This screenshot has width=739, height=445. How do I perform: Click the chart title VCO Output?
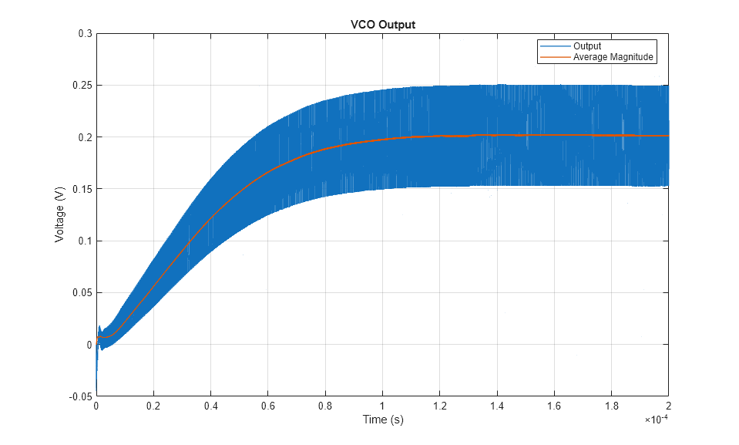coord(383,25)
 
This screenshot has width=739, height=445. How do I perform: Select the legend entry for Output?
coord(587,46)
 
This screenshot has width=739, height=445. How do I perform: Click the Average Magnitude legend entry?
coord(613,56)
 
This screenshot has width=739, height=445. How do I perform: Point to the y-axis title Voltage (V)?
coord(59,215)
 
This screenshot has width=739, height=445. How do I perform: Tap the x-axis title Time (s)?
coord(383,420)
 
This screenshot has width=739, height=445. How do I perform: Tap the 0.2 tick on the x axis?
coord(153,406)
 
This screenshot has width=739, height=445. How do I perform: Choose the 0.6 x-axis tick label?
coord(268,406)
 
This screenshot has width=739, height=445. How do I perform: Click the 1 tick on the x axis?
coord(382,406)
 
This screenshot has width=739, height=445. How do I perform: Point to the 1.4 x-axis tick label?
coord(497,406)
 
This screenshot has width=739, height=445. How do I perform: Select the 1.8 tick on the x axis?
coord(611,406)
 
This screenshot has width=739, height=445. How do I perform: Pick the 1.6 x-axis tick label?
coord(554,406)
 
